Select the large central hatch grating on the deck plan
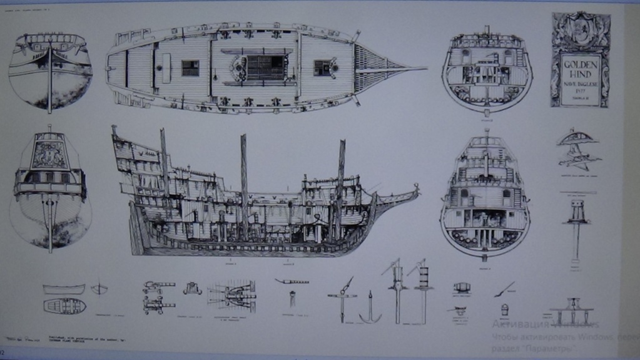coord(265,67)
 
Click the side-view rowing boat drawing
coord(64,289)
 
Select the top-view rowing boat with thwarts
coord(64,306)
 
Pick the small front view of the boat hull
coord(99,289)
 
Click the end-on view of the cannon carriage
coord(192,288)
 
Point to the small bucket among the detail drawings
coord(504,310)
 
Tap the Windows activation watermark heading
coord(545,324)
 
